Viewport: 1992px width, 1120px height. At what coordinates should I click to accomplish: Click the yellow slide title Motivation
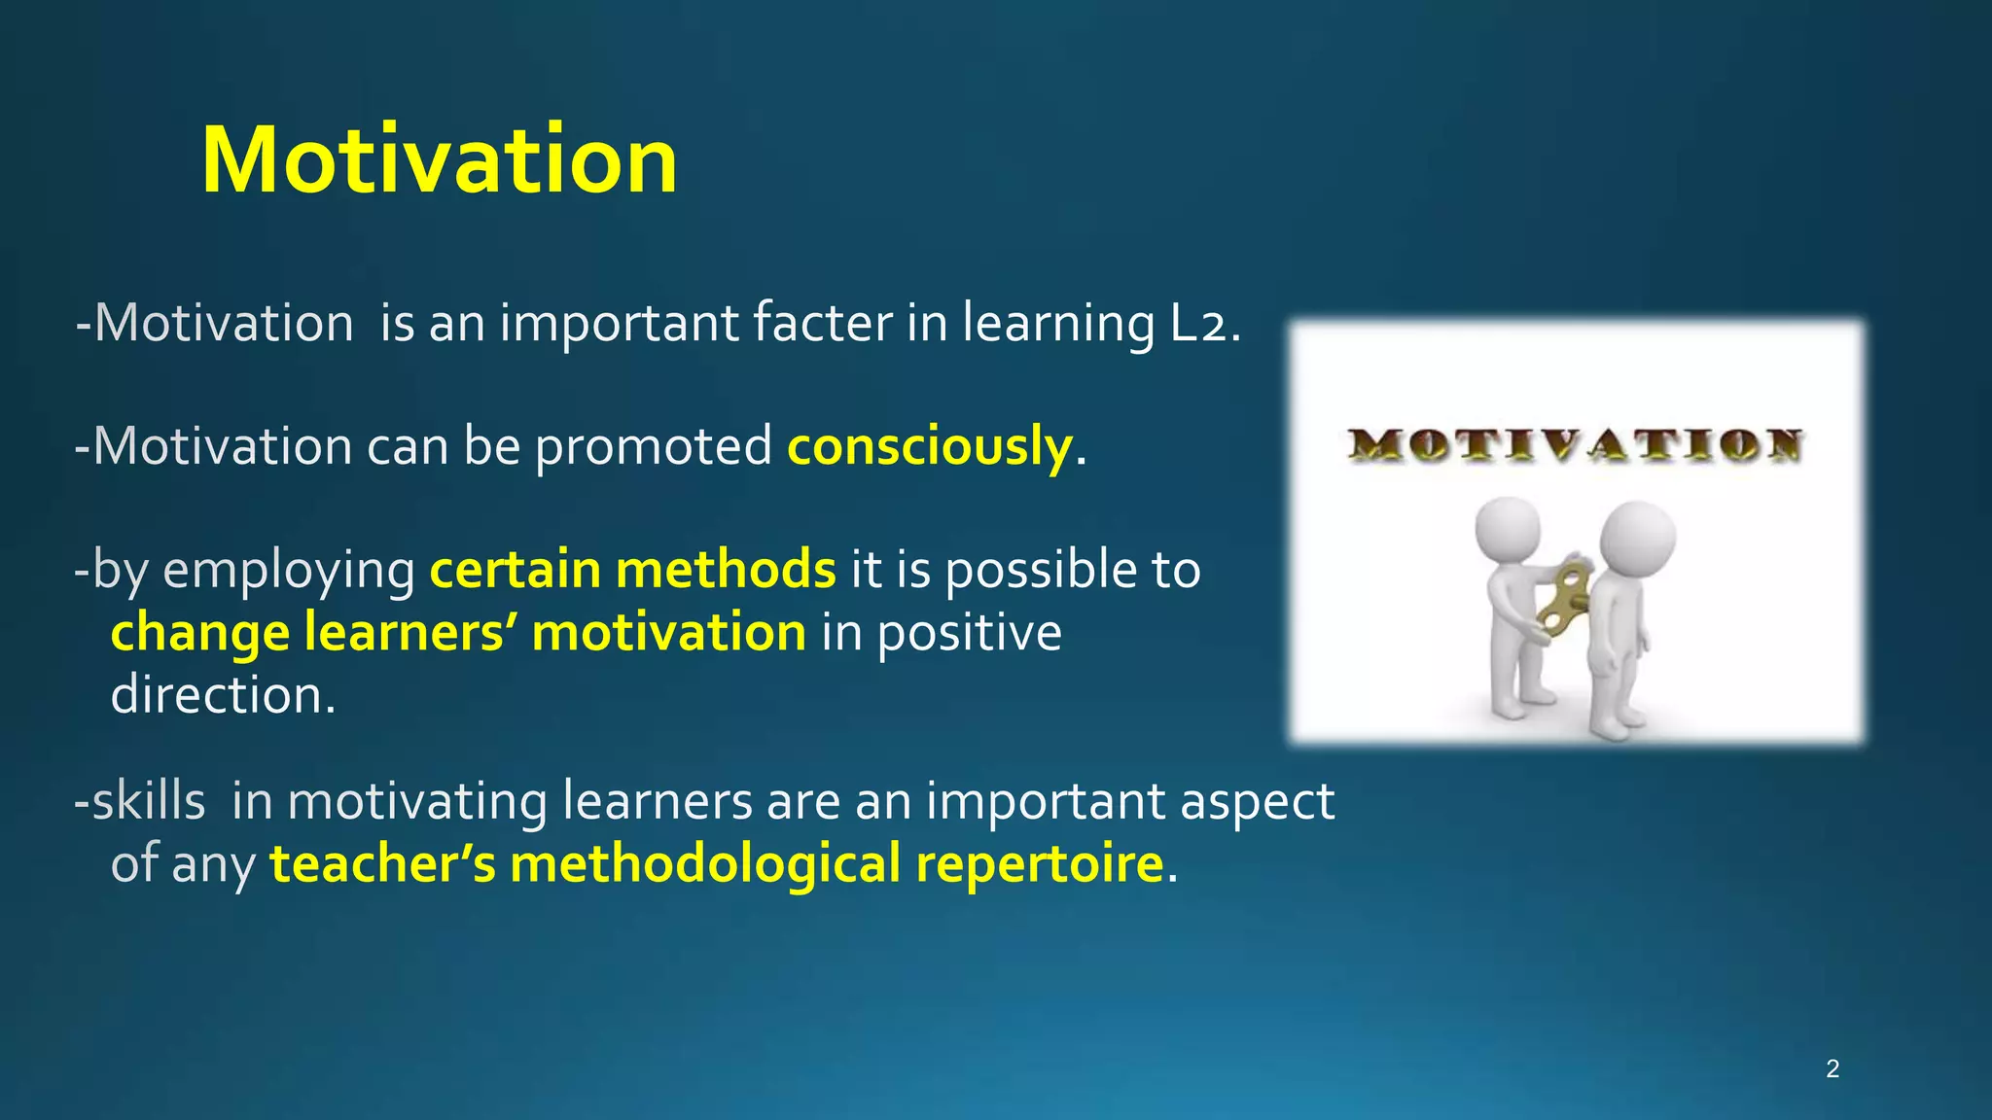pyautogui.click(x=439, y=160)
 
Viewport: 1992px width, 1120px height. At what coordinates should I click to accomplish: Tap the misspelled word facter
pyautogui.click(x=822, y=323)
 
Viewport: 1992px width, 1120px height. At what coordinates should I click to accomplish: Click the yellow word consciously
pyautogui.click(x=929, y=446)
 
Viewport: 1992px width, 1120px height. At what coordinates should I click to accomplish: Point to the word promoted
pyautogui.click(x=653, y=447)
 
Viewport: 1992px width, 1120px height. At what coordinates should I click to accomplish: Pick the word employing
pyautogui.click(x=289, y=571)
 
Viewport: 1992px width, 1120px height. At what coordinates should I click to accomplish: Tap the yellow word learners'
pyautogui.click(x=409, y=632)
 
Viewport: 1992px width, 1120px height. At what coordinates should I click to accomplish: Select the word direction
pyautogui.click(x=223, y=695)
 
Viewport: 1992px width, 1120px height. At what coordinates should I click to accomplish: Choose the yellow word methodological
pyautogui.click(x=705, y=864)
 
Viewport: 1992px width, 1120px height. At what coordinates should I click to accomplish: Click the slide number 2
pyautogui.click(x=1832, y=1069)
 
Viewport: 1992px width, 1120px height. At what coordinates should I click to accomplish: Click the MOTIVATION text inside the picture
pyautogui.click(x=1576, y=446)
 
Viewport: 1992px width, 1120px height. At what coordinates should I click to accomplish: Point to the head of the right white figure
pyautogui.click(x=1637, y=537)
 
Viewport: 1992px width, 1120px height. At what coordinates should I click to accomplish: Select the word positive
pyautogui.click(x=970, y=634)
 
